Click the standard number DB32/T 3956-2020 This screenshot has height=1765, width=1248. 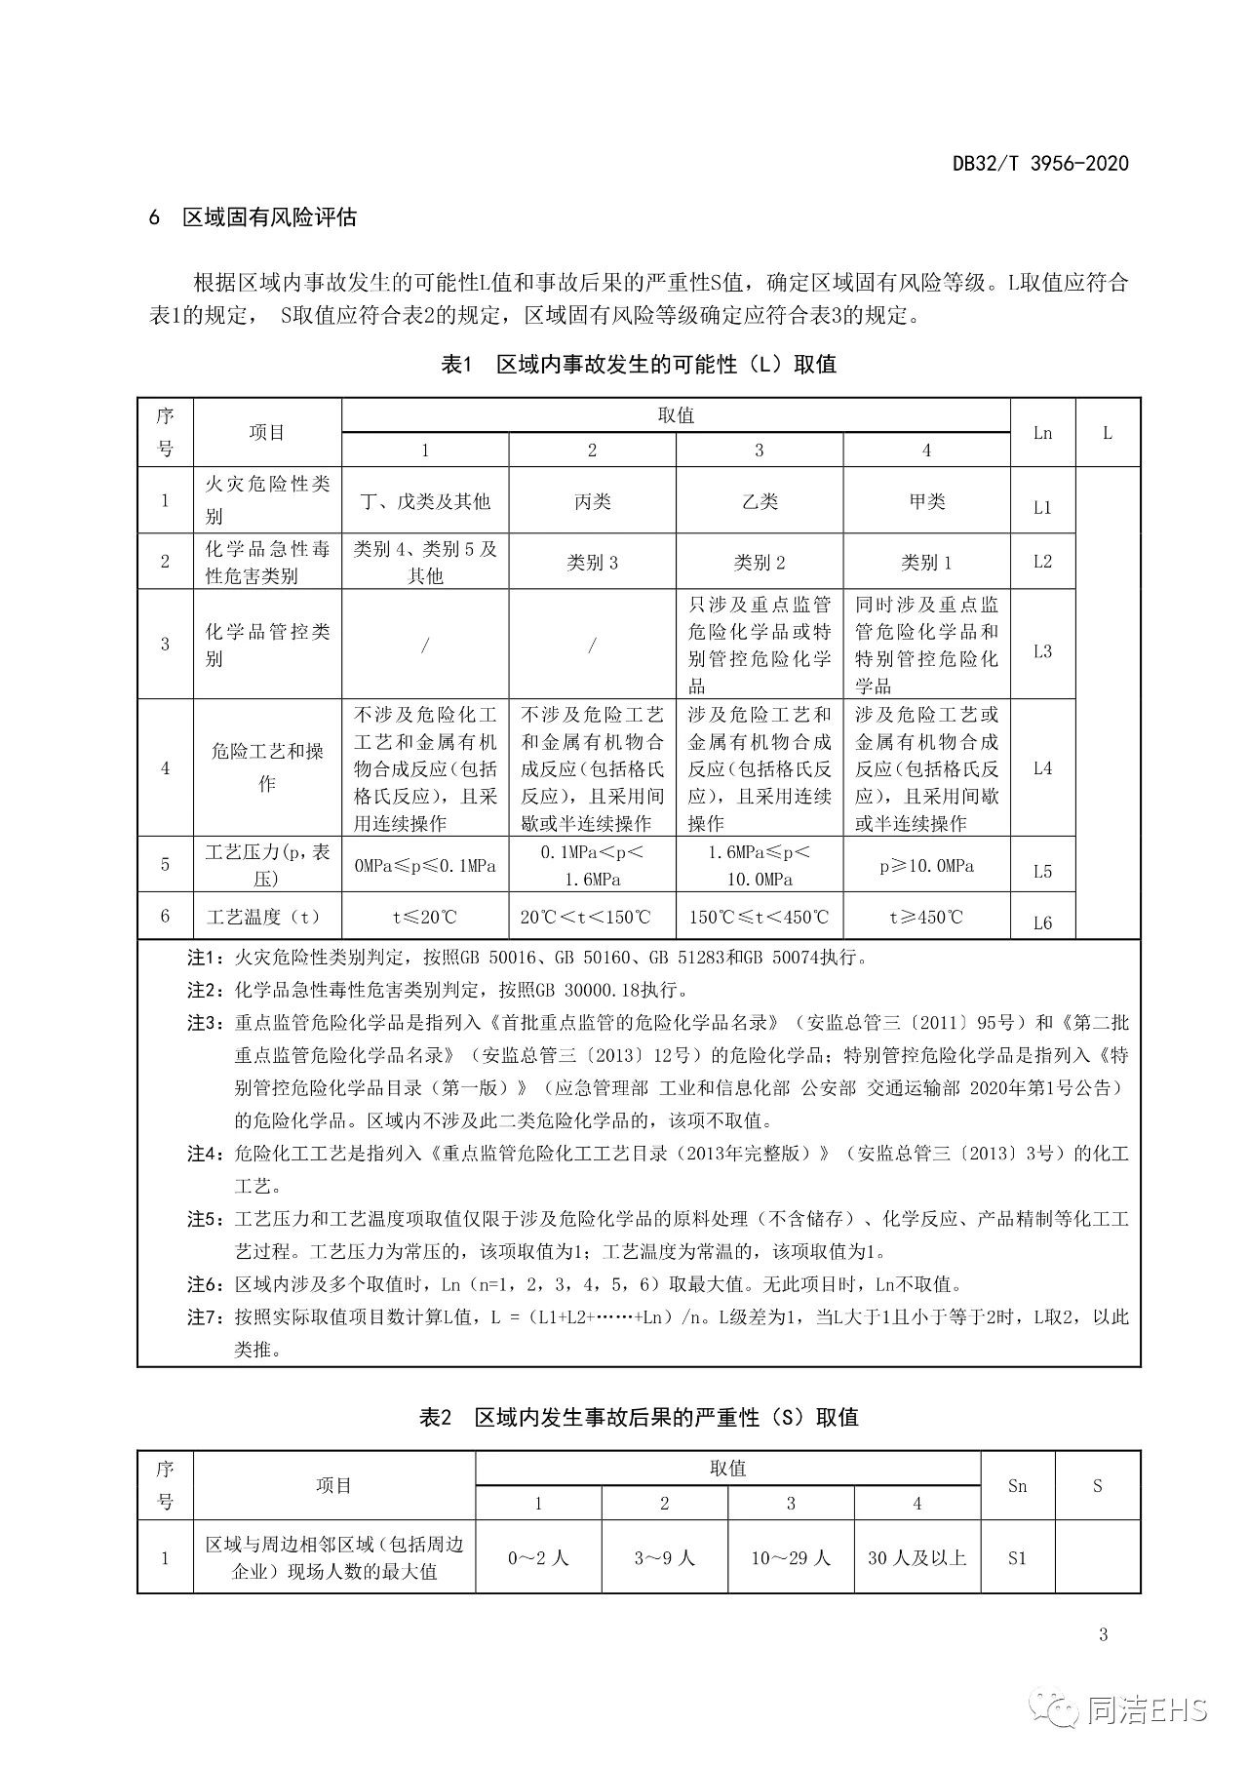[x=1039, y=164]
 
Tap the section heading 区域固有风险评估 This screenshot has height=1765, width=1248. [x=269, y=217]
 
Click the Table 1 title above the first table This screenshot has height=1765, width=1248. [x=639, y=365]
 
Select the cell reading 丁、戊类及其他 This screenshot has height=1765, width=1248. [x=425, y=501]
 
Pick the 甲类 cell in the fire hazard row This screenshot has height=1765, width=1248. [x=926, y=501]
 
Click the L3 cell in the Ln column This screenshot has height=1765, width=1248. [x=1042, y=650]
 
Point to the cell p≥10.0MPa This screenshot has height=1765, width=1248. [x=926, y=866]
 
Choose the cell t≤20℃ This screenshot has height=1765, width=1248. [x=425, y=918]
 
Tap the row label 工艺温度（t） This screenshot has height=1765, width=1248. [x=263, y=918]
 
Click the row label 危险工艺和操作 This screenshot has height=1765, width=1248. [x=267, y=767]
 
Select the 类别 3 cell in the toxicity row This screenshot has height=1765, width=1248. [x=592, y=563]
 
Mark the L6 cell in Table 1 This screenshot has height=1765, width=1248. [x=1042, y=922]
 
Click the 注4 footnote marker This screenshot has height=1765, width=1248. [x=206, y=1155]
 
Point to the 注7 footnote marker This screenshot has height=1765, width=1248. [x=206, y=1317]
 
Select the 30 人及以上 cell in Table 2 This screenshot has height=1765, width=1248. [x=916, y=1558]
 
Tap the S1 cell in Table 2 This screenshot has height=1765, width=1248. [x=1017, y=1558]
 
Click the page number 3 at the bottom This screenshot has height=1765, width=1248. [x=1103, y=1635]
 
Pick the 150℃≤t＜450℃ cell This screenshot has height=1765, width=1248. [x=759, y=918]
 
